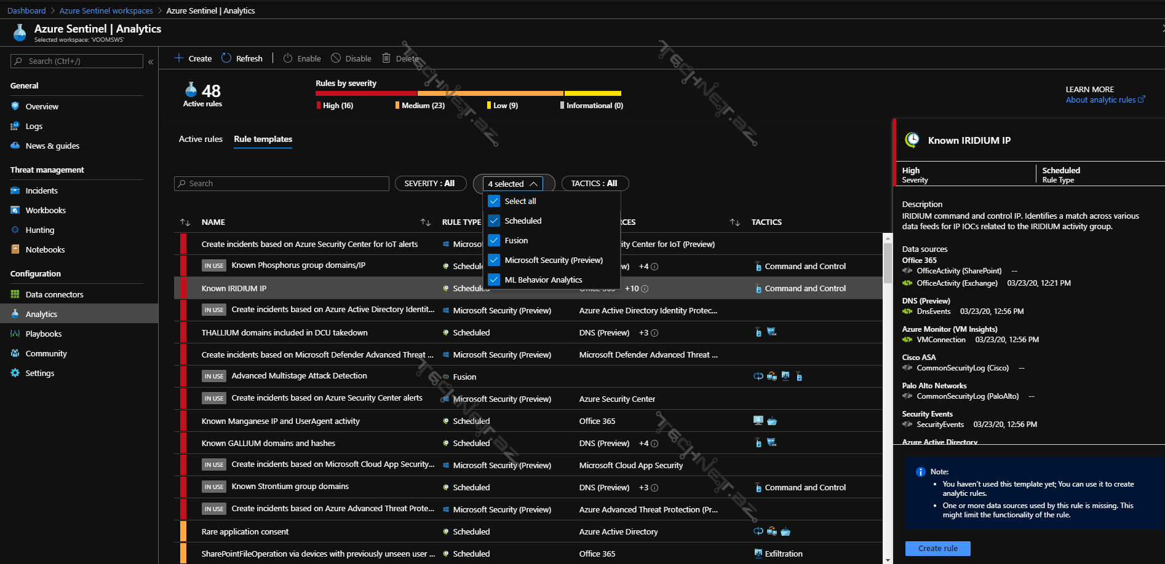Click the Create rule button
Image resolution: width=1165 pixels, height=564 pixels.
point(937,548)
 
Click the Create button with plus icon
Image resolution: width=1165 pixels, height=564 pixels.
point(193,58)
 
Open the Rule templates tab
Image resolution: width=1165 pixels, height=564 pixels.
point(263,139)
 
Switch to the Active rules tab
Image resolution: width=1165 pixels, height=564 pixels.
point(201,139)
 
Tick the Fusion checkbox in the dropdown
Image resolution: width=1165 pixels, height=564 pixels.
point(494,240)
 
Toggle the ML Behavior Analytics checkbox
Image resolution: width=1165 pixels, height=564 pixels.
point(494,280)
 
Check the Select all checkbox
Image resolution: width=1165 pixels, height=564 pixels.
point(494,201)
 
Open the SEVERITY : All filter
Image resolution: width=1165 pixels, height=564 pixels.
point(429,184)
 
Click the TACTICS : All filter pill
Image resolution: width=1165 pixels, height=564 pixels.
point(594,184)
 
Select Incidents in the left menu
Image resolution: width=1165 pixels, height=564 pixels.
point(41,191)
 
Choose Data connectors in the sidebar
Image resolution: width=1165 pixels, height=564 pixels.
point(54,295)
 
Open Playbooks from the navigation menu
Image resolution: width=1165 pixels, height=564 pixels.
point(43,334)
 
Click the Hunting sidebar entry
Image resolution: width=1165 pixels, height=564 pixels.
point(39,230)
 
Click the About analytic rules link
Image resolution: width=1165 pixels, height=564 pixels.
point(1101,100)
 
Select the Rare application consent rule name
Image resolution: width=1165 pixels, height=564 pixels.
point(245,532)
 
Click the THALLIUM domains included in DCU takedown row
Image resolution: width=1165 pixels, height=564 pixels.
point(284,333)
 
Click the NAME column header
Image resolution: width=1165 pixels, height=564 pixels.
point(213,222)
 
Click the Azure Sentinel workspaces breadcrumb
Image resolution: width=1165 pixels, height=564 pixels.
point(106,11)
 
